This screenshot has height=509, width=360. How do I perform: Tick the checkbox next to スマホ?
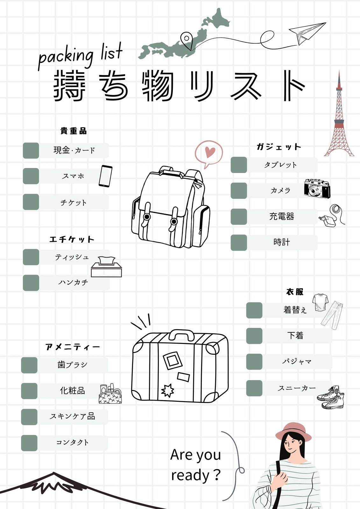(31, 176)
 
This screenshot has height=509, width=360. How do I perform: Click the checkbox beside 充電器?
(239, 217)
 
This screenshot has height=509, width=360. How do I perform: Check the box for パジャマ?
(254, 361)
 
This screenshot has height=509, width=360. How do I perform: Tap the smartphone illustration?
(106, 176)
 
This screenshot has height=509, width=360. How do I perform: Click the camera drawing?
(317, 189)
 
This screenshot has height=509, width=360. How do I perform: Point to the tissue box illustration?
(106, 267)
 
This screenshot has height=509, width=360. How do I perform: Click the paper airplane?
(307, 33)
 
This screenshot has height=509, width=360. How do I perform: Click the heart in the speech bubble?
(210, 152)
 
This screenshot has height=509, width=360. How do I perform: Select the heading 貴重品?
(74, 131)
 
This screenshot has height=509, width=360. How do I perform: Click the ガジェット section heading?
(279, 147)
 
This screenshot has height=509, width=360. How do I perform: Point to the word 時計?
(282, 242)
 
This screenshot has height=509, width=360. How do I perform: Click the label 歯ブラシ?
(72, 365)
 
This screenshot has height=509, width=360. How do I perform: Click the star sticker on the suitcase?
(168, 391)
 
